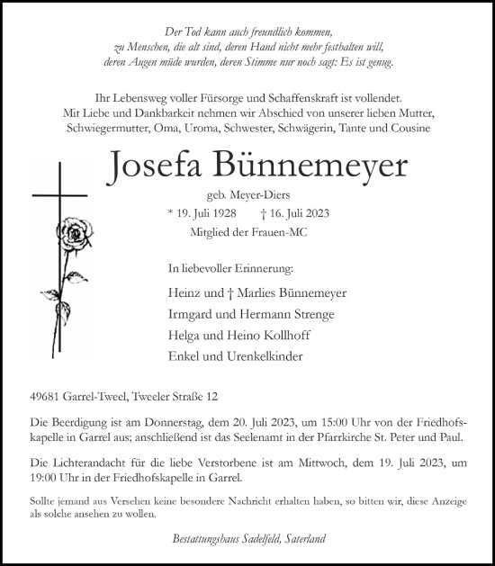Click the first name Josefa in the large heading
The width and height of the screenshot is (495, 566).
pos(151,165)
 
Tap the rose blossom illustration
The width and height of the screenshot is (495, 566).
pos(76,237)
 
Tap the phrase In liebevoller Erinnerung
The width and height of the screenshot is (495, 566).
pos(230,268)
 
